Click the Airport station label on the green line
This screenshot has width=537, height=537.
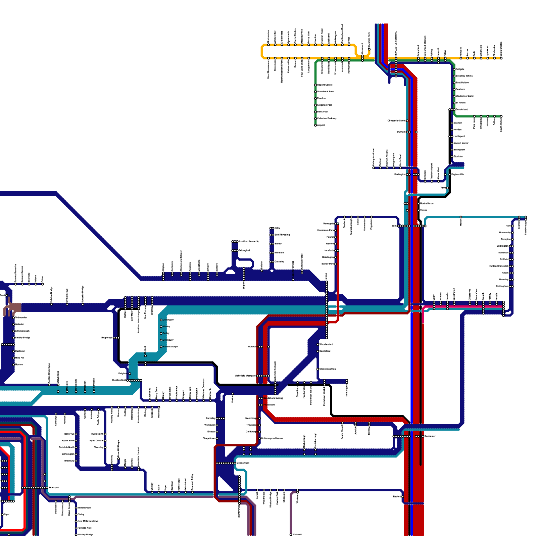click(x=321, y=125)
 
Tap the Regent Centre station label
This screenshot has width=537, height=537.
click(x=325, y=85)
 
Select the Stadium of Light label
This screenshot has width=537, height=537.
click(x=465, y=96)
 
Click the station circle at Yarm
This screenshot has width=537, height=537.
click(x=447, y=188)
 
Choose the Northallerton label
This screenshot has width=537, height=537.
click(x=427, y=203)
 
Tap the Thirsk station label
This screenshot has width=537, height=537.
click(x=424, y=210)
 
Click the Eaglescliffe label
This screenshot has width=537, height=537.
click(x=458, y=174)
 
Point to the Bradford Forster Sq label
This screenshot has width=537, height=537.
click(x=249, y=241)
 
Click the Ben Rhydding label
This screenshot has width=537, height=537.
click(x=282, y=235)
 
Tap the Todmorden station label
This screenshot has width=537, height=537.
click(x=21, y=318)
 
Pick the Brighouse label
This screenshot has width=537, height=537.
click(x=107, y=338)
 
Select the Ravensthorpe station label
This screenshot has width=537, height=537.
click(x=170, y=347)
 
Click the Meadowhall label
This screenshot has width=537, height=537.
click(x=243, y=463)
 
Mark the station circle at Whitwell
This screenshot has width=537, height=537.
click(x=291, y=535)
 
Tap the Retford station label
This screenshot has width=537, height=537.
click(x=397, y=496)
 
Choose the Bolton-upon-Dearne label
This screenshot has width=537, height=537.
click(x=272, y=438)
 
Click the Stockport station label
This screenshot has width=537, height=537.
click(x=54, y=488)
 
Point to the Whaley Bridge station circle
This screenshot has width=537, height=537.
click(x=76, y=535)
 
